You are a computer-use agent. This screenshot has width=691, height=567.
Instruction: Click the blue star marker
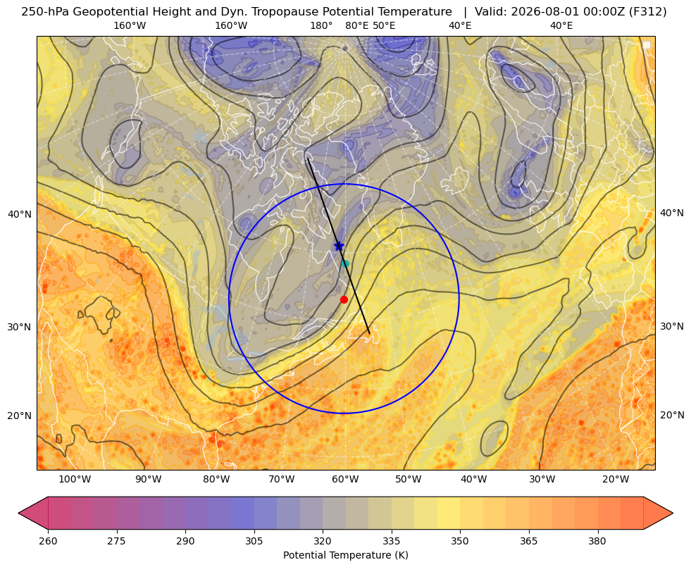coord(339,246)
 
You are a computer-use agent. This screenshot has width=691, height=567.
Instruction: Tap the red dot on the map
coord(344,299)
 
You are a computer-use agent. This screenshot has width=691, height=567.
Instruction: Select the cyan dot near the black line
coord(345,264)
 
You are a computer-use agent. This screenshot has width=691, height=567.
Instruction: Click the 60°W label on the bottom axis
coord(345,480)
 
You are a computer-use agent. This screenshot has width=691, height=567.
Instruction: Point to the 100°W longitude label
coord(75,480)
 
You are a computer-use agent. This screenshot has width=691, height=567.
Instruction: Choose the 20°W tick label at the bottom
coord(616,480)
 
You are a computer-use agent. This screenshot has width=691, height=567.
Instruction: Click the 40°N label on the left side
coord(20,215)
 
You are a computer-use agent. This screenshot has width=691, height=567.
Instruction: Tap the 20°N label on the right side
coord(672,415)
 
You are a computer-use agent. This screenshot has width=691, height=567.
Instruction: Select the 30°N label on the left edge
coord(20,328)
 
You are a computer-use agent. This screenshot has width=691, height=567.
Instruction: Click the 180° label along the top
coord(321,25)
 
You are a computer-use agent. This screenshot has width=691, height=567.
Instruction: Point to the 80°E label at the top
coord(357,25)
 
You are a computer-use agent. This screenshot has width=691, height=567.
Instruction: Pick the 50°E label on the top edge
coord(384,25)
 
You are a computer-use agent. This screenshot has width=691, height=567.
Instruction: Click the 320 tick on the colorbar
coord(323,541)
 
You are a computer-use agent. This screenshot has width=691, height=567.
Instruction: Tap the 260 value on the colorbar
coord(48,541)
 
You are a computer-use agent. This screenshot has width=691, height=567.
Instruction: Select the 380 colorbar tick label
coord(597,541)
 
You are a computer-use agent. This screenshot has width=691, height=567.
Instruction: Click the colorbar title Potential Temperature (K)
coord(345,555)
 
